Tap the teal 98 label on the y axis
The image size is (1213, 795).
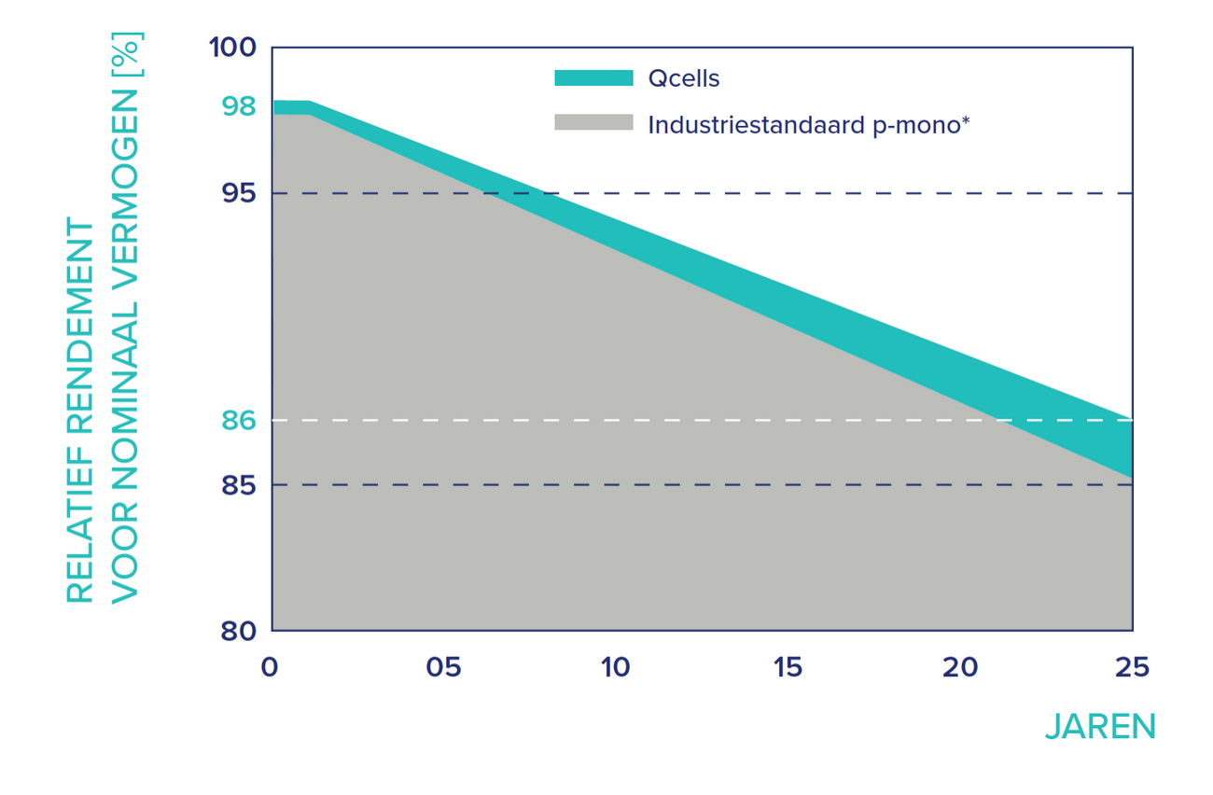[239, 105]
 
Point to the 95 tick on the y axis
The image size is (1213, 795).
[239, 193]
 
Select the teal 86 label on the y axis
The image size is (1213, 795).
[239, 420]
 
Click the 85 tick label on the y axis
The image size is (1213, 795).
[239, 485]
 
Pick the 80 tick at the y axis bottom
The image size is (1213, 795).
[239, 631]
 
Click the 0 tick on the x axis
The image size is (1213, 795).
[270, 668]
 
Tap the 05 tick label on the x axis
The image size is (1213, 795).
[443, 668]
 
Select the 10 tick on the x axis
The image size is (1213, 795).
[616, 668]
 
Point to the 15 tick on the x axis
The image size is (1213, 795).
[788, 668]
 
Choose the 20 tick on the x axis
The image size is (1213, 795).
[960, 668]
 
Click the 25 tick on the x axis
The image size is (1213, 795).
[1132, 668]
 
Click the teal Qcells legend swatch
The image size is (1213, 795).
[593, 78]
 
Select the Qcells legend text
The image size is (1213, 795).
[684, 78]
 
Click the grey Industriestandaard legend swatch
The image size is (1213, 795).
[593, 123]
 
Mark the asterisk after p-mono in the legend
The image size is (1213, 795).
[965, 119]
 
